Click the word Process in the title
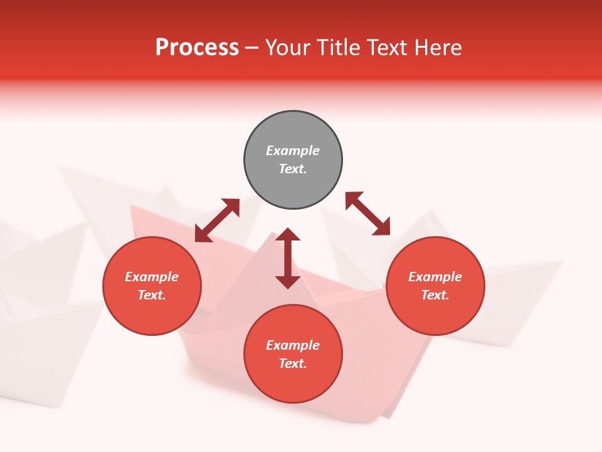(197, 48)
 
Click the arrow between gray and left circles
(217, 220)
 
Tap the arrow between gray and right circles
(368, 214)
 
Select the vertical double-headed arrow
(288, 258)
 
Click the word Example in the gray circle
(293, 151)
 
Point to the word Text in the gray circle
(292, 169)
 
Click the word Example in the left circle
(152, 277)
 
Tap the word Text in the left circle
(152, 295)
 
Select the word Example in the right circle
(435, 277)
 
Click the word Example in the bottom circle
(293, 345)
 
